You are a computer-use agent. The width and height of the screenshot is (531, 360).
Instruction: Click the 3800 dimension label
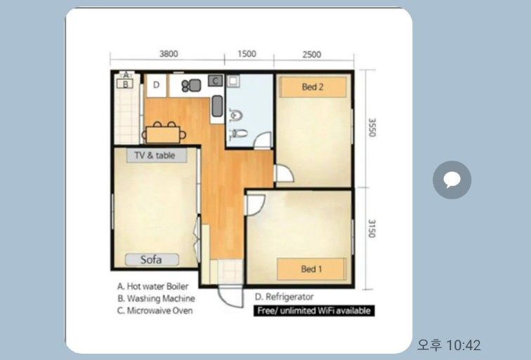(169, 54)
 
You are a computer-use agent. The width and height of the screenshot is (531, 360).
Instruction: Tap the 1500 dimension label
(247, 54)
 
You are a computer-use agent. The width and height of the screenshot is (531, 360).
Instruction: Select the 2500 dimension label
(312, 55)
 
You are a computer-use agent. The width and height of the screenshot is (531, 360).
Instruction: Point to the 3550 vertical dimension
(372, 127)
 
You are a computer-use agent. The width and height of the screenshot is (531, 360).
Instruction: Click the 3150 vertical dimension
(372, 228)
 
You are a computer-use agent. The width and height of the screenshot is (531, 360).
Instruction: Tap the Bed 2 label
(313, 87)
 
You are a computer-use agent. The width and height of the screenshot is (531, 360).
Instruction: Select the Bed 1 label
(312, 269)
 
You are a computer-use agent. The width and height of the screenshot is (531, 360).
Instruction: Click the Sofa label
(152, 260)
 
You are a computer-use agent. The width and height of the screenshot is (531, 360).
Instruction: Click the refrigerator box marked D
(156, 86)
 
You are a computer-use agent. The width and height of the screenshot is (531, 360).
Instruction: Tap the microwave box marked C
(215, 81)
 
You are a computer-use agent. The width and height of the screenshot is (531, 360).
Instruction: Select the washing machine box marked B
(125, 84)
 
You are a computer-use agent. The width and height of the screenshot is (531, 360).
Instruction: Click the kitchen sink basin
(217, 106)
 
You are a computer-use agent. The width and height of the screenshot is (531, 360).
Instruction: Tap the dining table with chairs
(164, 133)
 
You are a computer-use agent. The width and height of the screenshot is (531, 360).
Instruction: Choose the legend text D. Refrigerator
(284, 297)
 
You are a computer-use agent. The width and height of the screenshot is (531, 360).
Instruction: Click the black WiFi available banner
(314, 311)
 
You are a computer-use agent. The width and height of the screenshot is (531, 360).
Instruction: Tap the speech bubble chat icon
(452, 180)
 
